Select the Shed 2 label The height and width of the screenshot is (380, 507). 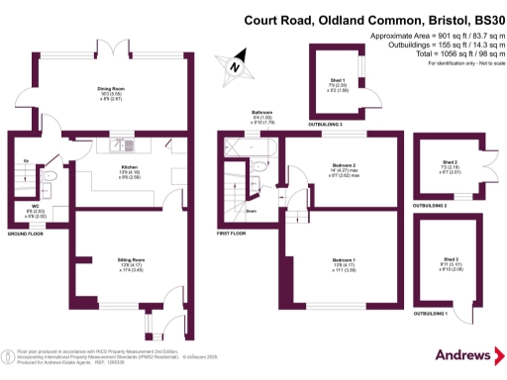point(451,162)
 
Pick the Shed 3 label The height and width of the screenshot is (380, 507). point(451,258)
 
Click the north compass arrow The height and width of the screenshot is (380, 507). point(234,65)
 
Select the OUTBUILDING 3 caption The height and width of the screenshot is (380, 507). point(327,126)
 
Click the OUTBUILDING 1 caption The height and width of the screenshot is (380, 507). point(430,313)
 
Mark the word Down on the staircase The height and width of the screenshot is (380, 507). point(253,211)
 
